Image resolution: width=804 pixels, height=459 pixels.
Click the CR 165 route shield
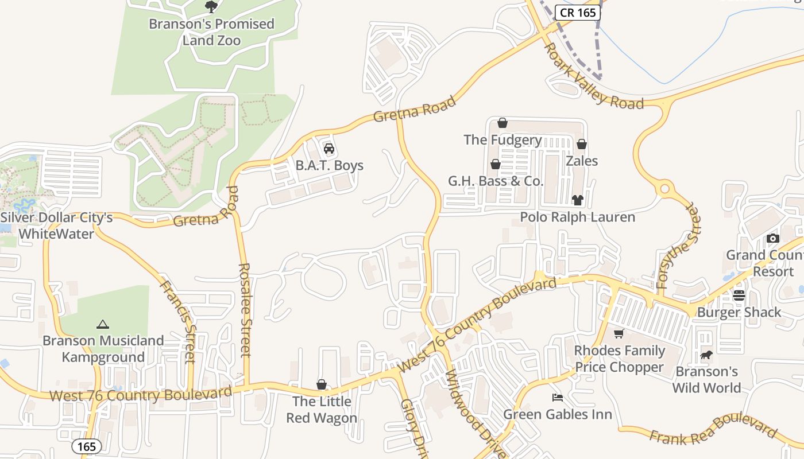[578, 13]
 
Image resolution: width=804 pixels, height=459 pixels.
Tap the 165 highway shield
[87, 446]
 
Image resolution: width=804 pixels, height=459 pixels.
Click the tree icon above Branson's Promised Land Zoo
[211, 7]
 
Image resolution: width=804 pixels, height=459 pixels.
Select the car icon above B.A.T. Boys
[329, 149]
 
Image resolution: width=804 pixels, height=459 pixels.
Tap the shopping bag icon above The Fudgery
[502, 123]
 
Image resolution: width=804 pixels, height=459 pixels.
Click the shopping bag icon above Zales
[582, 144]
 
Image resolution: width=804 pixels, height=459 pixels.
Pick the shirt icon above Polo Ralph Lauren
[577, 200]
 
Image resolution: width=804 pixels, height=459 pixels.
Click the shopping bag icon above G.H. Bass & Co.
[496, 165]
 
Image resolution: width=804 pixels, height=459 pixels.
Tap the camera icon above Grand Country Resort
[773, 238]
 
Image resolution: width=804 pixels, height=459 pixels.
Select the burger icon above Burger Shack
[739, 295]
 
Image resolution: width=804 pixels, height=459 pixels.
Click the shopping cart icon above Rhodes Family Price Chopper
[619, 334]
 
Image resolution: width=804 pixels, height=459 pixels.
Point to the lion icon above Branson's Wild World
[706, 355]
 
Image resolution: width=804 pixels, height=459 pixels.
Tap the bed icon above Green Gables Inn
[557, 397]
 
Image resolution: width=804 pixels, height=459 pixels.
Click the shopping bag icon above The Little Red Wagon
[322, 384]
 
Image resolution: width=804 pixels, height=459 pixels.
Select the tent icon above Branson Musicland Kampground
[103, 324]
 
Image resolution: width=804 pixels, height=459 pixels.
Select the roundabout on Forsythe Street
[665, 188]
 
